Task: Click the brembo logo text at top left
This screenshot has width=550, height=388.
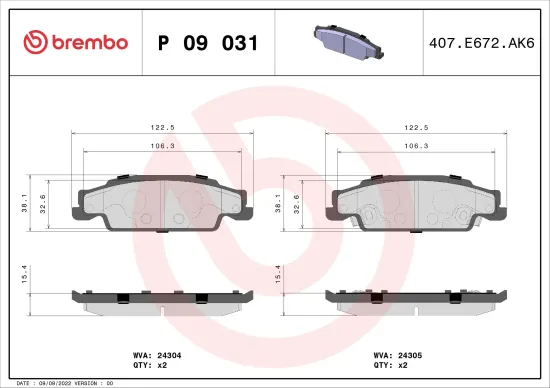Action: pyautogui.click(x=88, y=42)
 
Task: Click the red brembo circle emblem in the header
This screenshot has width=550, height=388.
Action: pyautogui.click(x=33, y=42)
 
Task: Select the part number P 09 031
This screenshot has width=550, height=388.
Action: pyautogui.click(x=209, y=43)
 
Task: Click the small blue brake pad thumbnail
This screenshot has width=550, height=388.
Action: pyautogui.click(x=343, y=42)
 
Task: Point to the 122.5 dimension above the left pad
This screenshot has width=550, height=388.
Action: pyautogui.click(x=159, y=128)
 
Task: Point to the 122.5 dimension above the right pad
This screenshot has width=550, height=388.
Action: pyautogui.click(x=414, y=128)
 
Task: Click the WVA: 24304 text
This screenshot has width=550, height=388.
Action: pyautogui.click(x=156, y=353)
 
